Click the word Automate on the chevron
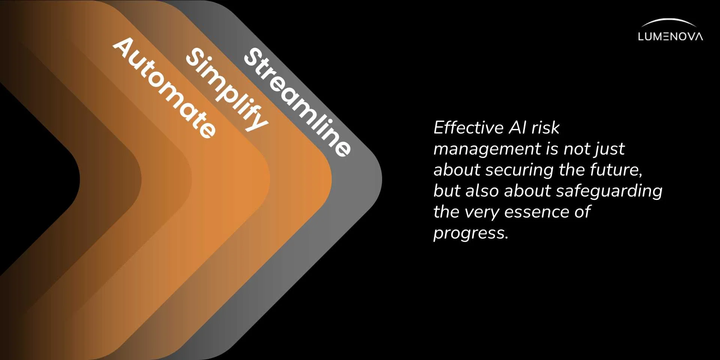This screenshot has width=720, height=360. (x=164, y=88)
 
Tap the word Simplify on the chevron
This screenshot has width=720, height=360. (x=227, y=89)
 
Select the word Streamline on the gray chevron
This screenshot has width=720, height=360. (x=297, y=102)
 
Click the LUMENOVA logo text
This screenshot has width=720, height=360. (x=670, y=36)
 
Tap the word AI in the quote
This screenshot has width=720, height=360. (x=518, y=127)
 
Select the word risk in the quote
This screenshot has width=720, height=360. (x=546, y=127)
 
